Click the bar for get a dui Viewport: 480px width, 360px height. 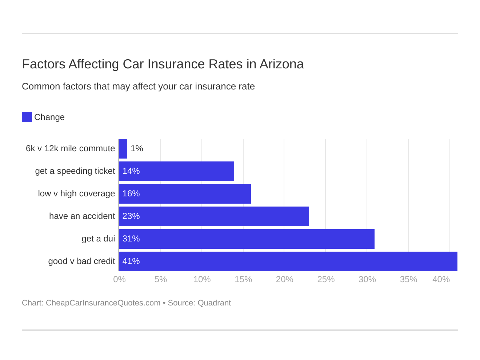tap(247, 239)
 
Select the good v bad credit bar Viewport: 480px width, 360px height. tap(288, 261)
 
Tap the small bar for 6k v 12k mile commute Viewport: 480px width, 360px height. tap(123, 149)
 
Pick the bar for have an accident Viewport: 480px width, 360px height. tap(214, 216)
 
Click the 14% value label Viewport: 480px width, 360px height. tap(131, 171)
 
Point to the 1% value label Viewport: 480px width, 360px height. tap(137, 149)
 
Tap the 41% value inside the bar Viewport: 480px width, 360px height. tap(131, 261)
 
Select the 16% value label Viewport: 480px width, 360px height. tap(131, 194)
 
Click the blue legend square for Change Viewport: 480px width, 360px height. tap(27, 117)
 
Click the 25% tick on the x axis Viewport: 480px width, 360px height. tap(326, 279)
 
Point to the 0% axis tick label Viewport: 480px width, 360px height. tap(119, 279)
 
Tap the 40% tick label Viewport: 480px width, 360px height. tap(441, 279)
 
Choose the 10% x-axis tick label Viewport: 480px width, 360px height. tap(202, 279)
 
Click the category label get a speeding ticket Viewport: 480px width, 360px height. tap(75, 171)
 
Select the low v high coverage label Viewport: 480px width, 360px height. tap(76, 194)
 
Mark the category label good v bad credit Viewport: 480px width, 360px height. tap(81, 261)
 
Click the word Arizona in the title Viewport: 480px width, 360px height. tap(281, 64)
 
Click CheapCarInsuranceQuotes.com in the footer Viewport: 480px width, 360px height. tap(103, 303)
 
